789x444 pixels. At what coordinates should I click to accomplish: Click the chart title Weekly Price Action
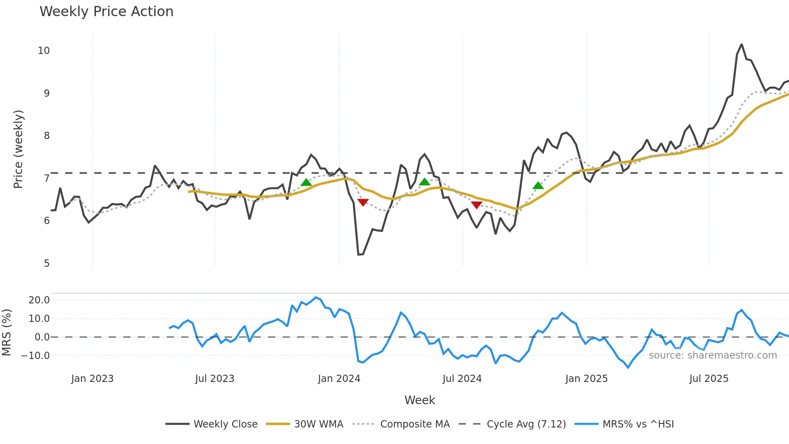pos(106,12)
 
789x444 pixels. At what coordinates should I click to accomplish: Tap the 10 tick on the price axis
pos(43,51)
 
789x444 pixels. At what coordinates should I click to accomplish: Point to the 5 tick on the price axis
pos(47,263)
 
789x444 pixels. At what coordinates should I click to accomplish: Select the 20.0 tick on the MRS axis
pos(39,300)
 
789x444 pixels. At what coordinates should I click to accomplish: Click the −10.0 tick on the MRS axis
pos(35,356)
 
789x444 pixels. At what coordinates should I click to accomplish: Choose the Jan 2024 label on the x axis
pos(339,379)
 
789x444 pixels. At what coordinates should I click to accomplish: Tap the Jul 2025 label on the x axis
pos(708,379)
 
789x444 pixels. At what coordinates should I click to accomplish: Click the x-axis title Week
pos(419,400)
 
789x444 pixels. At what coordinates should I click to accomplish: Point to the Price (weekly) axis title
pos(18,149)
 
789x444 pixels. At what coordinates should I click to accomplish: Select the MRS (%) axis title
pos(6,332)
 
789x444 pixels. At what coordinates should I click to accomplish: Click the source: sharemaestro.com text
pos(713,355)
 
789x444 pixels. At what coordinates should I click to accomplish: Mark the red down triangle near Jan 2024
pos(363,202)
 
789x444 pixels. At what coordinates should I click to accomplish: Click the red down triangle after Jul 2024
pos(477,205)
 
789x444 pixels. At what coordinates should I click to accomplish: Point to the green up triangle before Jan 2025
pos(538,186)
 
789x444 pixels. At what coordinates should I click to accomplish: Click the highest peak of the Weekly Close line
pos(741,44)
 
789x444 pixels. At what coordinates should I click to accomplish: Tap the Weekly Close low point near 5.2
pos(358,255)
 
